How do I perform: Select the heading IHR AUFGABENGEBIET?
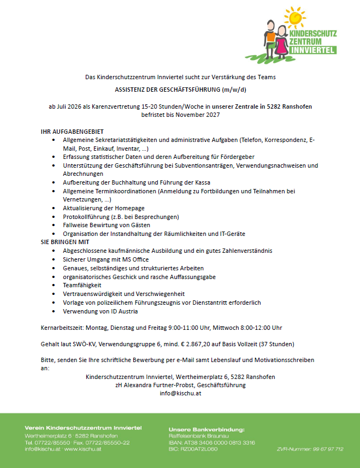(x=72, y=132)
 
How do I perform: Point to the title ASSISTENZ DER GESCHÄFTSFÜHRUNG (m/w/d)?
(x=180, y=90)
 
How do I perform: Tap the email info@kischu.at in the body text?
(x=180, y=393)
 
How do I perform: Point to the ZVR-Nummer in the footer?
(x=310, y=449)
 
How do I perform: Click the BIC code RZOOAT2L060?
(x=193, y=449)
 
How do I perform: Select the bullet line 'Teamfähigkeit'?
(x=82, y=285)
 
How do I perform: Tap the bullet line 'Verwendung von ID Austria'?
(x=101, y=311)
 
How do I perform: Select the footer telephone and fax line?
(x=78, y=442)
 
